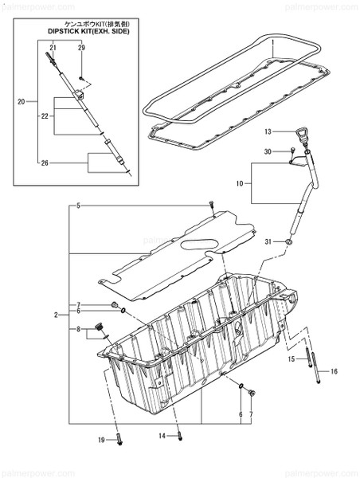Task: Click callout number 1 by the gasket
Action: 272,41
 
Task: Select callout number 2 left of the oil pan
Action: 57,315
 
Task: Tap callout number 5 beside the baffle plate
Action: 79,206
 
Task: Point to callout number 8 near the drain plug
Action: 79,329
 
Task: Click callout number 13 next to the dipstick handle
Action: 268,131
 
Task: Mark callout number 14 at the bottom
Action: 162,437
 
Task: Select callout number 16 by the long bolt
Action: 334,371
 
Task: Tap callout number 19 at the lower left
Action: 102,441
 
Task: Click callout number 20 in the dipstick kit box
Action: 22,101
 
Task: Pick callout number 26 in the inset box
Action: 44,163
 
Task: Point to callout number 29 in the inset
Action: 81,49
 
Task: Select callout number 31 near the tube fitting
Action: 269,241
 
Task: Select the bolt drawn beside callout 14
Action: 179,434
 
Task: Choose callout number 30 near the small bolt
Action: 268,151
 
